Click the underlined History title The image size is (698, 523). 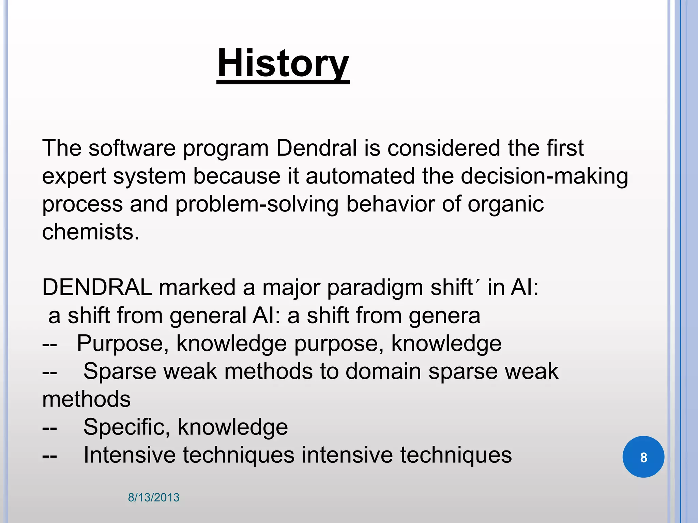(283, 64)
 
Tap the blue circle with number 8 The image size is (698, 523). (643, 457)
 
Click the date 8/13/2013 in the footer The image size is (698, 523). (153, 497)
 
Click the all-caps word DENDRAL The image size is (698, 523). (97, 287)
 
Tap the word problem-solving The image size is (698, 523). (257, 204)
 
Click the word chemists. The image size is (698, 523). (90, 232)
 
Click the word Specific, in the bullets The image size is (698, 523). (126, 427)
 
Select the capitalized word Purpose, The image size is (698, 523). (123, 343)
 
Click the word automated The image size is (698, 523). (360, 176)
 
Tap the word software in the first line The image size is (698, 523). (132, 148)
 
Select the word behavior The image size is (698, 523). (390, 204)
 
